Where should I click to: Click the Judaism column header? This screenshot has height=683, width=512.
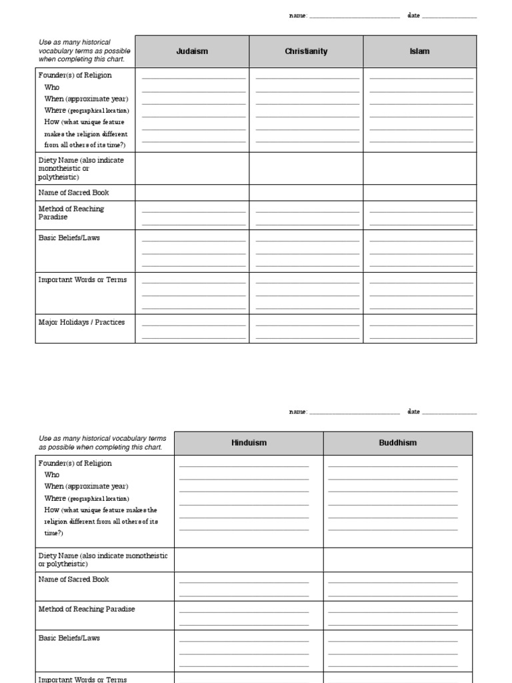(192, 51)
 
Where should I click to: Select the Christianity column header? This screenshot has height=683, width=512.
(306, 51)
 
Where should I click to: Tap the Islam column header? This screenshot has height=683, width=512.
(419, 51)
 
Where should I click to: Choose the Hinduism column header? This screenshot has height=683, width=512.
(249, 443)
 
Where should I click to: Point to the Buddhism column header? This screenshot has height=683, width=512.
(397, 443)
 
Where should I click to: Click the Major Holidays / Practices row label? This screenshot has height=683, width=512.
(81, 322)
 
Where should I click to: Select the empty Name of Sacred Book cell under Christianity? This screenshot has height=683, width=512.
(306, 193)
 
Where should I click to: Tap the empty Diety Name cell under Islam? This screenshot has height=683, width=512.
(419, 169)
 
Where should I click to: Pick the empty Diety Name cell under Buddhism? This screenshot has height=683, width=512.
(397, 560)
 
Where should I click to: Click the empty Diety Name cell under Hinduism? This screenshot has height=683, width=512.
(249, 560)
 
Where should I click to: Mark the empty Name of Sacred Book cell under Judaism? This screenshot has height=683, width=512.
(192, 193)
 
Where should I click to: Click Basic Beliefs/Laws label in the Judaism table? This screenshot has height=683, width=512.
(69, 237)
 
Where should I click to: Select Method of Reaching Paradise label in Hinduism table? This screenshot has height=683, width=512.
(87, 609)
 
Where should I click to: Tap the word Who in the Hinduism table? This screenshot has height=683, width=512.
(52, 475)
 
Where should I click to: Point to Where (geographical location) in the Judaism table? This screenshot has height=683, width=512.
(87, 111)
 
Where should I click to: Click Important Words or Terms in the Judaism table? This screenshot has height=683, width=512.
(82, 279)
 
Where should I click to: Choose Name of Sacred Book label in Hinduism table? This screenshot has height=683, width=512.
(73, 580)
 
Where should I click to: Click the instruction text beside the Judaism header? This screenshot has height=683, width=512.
(84, 51)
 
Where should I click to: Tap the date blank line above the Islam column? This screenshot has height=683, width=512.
(449, 17)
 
